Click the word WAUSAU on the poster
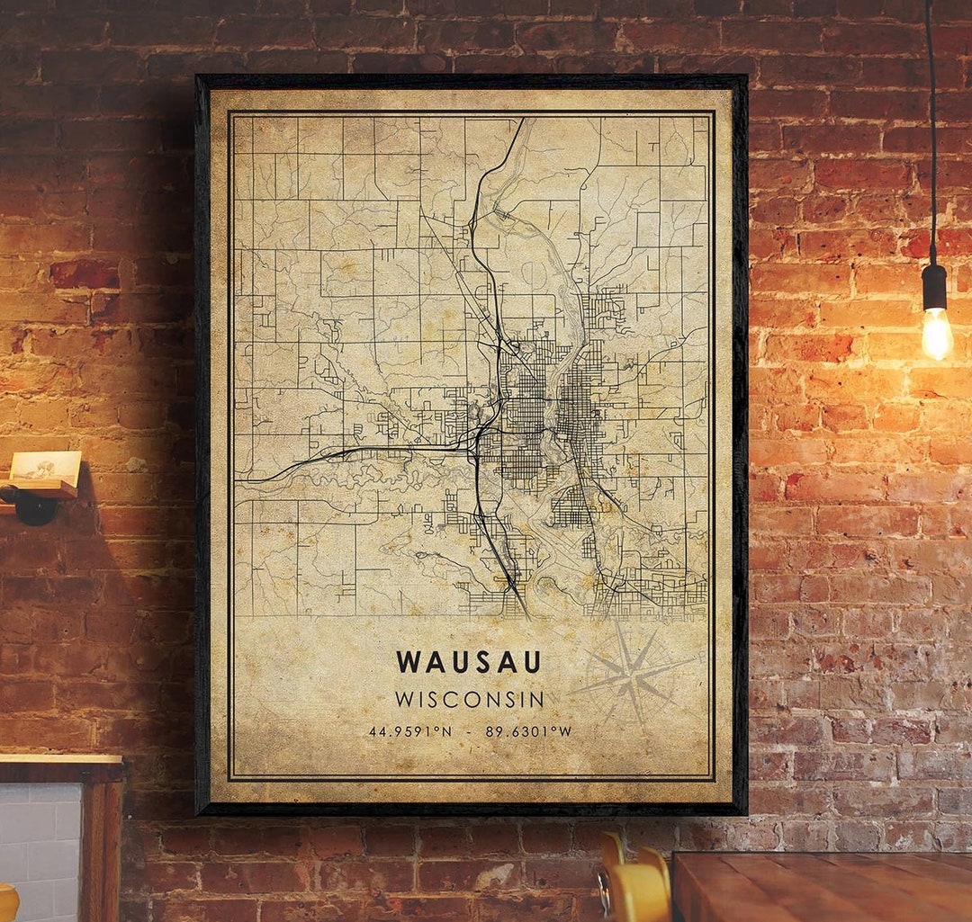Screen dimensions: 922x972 (469, 662)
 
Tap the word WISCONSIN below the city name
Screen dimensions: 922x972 (469, 699)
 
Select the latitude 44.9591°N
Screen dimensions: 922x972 (409, 731)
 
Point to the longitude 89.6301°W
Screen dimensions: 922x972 (528, 731)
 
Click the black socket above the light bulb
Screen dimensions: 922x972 (934, 286)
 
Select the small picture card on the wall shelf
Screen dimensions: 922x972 (45, 466)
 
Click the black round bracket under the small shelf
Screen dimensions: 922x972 (34, 507)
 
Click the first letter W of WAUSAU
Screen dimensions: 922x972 (408, 662)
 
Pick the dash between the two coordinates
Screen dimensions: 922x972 (468, 731)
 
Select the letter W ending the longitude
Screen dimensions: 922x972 (565, 731)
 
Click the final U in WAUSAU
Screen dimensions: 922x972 (532, 662)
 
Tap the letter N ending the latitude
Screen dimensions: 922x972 (446, 731)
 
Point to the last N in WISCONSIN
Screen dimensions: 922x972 (536, 699)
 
